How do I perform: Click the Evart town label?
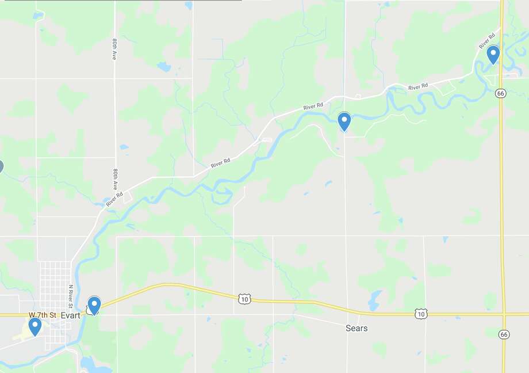tap(70, 315)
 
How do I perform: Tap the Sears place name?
tap(356, 328)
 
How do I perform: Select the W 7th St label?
tap(43, 315)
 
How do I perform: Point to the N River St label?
tap(71, 294)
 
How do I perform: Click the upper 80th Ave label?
tap(114, 50)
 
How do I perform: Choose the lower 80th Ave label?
tap(115, 180)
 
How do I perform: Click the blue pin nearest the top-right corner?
tap(493, 55)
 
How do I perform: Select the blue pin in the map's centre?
tap(344, 121)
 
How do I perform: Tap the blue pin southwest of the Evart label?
tap(35, 326)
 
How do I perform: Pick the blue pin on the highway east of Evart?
tap(94, 305)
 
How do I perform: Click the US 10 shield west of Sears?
tap(244, 298)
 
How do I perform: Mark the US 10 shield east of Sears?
tap(421, 314)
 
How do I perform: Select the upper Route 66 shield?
tap(501, 93)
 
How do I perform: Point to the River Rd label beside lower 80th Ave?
tap(114, 199)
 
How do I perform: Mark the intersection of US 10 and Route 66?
tap(503, 314)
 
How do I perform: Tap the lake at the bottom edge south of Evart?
tap(89, 364)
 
